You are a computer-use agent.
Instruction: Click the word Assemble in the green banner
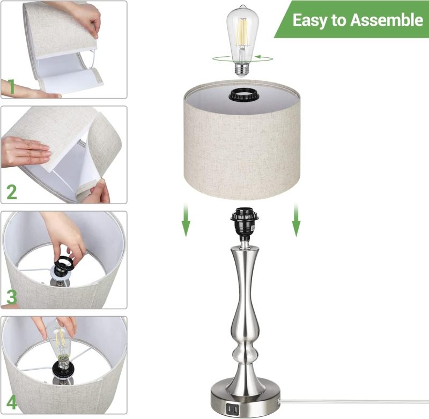pyautogui.click(x=387, y=20)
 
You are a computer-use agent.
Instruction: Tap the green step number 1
pyautogui.click(x=11, y=87)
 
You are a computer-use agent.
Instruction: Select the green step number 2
pyautogui.click(x=12, y=192)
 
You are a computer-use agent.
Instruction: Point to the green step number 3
pyautogui.click(x=12, y=297)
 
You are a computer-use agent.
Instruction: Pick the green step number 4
pyautogui.click(x=12, y=402)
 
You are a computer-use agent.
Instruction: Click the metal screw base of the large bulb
pyautogui.click(x=242, y=70)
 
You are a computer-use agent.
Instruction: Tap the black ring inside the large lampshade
pyautogui.click(x=242, y=95)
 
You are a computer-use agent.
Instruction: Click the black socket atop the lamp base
pyautogui.click(x=245, y=224)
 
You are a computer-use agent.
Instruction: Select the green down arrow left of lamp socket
pyautogui.click(x=186, y=220)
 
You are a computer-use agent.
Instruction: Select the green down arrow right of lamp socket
pyautogui.click(x=297, y=220)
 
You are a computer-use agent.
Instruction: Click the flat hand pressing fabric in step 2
pyautogui.click(x=25, y=151)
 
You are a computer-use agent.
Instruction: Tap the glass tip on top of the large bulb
pyautogui.click(x=242, y=6)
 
